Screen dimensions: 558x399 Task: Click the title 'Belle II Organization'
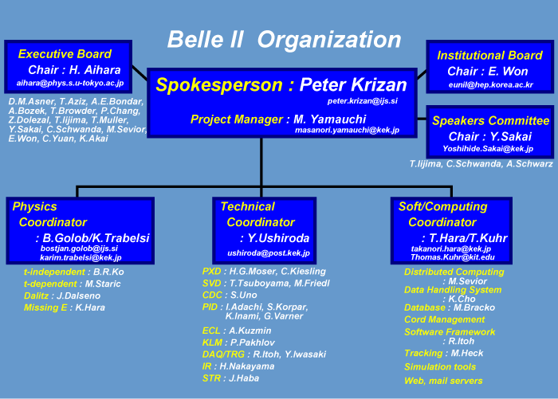coord(284,40)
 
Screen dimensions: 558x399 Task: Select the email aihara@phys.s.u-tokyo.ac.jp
coord(70,83)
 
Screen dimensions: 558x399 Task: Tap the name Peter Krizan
coord(353,84)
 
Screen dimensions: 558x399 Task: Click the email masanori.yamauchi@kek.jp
coord(347,130)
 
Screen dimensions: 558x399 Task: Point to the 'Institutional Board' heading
coord(489,56)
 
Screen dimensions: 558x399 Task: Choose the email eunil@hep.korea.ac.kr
coord(491,85)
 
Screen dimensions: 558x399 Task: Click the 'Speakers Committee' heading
coord(491,121)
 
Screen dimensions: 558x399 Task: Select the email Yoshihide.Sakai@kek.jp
coord(488,149)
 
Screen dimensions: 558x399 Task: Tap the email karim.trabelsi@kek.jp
coord(81,257)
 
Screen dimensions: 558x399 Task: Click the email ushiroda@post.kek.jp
coord(269,253)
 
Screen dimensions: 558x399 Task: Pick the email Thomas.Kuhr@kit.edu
coord(453,257)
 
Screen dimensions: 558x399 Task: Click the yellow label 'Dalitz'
coord(36,296)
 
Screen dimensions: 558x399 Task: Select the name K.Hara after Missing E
coord(90,307)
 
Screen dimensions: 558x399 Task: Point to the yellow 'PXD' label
coord(212,272)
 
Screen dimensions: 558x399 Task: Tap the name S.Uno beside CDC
coord(243,295)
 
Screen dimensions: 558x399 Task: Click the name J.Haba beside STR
coord(244,378)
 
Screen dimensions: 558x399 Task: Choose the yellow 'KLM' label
coord(213,342)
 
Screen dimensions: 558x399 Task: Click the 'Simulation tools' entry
coord(440,367)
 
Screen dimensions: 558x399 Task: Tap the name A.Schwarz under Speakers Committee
coord(529,164)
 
